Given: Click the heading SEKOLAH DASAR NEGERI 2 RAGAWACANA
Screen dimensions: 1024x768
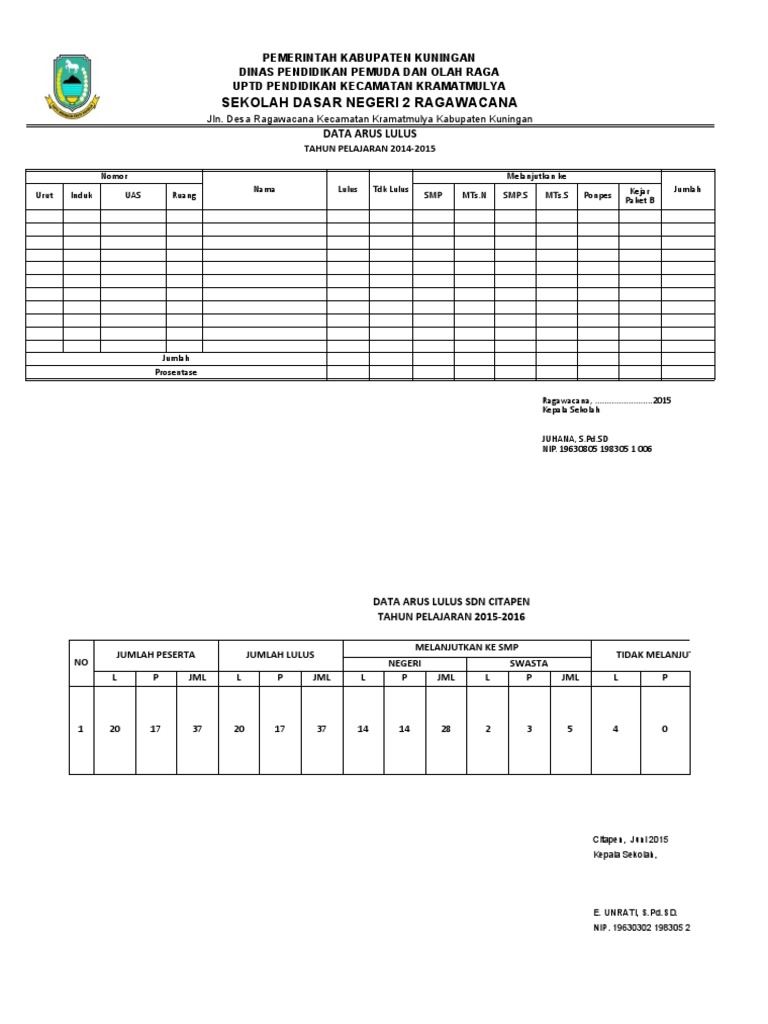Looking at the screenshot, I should point(368,103).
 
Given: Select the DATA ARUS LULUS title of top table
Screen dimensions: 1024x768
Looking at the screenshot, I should point(369,133).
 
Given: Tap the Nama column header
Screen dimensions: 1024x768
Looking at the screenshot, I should point(264,189).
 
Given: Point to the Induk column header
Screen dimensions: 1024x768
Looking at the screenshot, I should point(82,195).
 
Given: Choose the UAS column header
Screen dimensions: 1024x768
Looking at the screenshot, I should point(133,195).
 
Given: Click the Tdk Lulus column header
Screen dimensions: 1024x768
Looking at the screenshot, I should point(390,189).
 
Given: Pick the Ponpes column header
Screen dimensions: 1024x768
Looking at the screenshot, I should point(598,195).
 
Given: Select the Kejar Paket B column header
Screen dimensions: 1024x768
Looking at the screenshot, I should point(639,195).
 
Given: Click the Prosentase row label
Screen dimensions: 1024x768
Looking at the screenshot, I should point(176,372).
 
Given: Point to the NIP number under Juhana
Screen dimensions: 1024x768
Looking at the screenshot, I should point(596,450).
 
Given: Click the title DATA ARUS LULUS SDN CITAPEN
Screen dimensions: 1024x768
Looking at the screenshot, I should point(451,602).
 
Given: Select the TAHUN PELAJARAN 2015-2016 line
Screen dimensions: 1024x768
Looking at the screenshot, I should point(451,618).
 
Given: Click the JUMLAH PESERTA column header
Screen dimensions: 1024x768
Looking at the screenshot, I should point(156,655).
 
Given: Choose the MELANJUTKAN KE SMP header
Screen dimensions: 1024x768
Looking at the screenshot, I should point(467,647).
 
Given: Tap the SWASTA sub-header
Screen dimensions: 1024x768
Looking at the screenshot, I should point(528,663).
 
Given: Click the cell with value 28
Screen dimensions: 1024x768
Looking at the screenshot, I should point(445,729).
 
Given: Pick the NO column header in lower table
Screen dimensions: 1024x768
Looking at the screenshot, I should point(81,663).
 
